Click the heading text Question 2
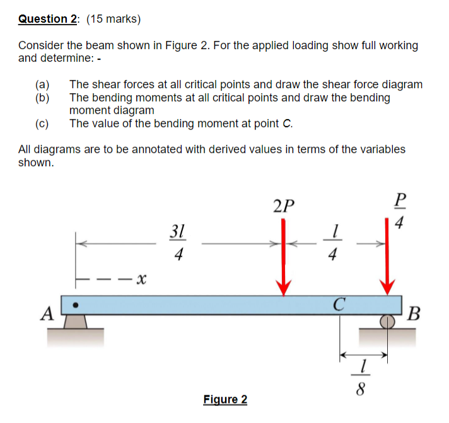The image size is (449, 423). point(47,19)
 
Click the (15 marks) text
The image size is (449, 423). point(113,19)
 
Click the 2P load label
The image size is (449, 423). point(284,206)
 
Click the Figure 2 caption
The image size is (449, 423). point(225,399)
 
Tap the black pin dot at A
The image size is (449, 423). point(76,305)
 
